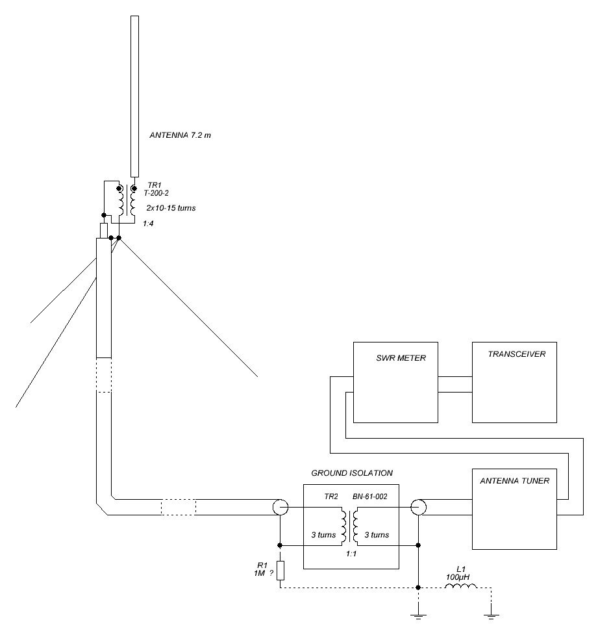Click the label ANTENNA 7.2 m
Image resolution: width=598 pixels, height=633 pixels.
pos(180,136)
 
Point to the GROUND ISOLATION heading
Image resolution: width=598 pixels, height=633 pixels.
pos(351,473)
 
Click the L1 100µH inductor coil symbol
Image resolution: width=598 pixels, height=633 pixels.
pos(460,588)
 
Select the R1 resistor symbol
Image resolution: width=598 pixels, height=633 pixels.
pos(280,570)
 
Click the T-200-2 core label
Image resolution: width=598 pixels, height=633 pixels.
pos(156,193)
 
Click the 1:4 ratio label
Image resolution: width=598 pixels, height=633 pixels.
pos(147,224)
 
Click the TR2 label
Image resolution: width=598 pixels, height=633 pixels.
pos(332,497)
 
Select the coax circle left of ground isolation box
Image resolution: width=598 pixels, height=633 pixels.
pos(280,507)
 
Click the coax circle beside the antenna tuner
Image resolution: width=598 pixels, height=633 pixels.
pos(418,507)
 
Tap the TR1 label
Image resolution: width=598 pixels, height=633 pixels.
pos(153,185)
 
